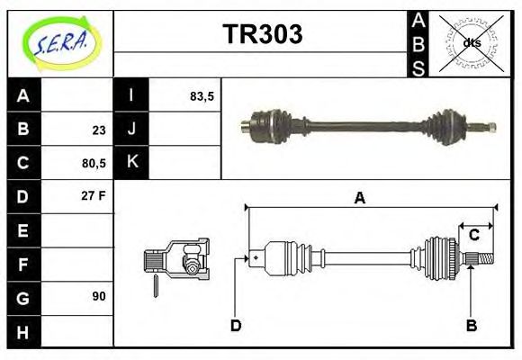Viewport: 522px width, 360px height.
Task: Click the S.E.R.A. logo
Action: click(59, 42)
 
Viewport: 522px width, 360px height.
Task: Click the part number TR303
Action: click(262, 35)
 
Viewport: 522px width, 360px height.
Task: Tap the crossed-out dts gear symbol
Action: click(472, 42)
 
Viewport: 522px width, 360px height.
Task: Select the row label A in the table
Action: click(23, 95)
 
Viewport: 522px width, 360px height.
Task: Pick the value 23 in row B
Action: click(99, 130)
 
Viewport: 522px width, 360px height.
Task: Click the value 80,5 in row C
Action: click(94, 163)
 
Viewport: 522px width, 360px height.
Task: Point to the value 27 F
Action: click(94, 195)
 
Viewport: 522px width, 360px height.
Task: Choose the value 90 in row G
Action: click(99, 296)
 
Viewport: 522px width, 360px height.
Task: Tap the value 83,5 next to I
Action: click(202, 95)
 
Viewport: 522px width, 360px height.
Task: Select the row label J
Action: click(131, 129)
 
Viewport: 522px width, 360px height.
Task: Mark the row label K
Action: click(131, 163)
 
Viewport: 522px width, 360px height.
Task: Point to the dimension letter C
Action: click(474, 235)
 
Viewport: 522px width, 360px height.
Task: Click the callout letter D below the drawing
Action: click(236, 325)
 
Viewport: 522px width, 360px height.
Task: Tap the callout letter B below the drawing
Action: click(471, 325)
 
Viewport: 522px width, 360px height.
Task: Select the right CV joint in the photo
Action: click(447, 125)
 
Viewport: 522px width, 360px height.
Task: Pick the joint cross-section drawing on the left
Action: click(177, 260)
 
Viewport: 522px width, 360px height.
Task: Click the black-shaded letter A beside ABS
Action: click(418, 20)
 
